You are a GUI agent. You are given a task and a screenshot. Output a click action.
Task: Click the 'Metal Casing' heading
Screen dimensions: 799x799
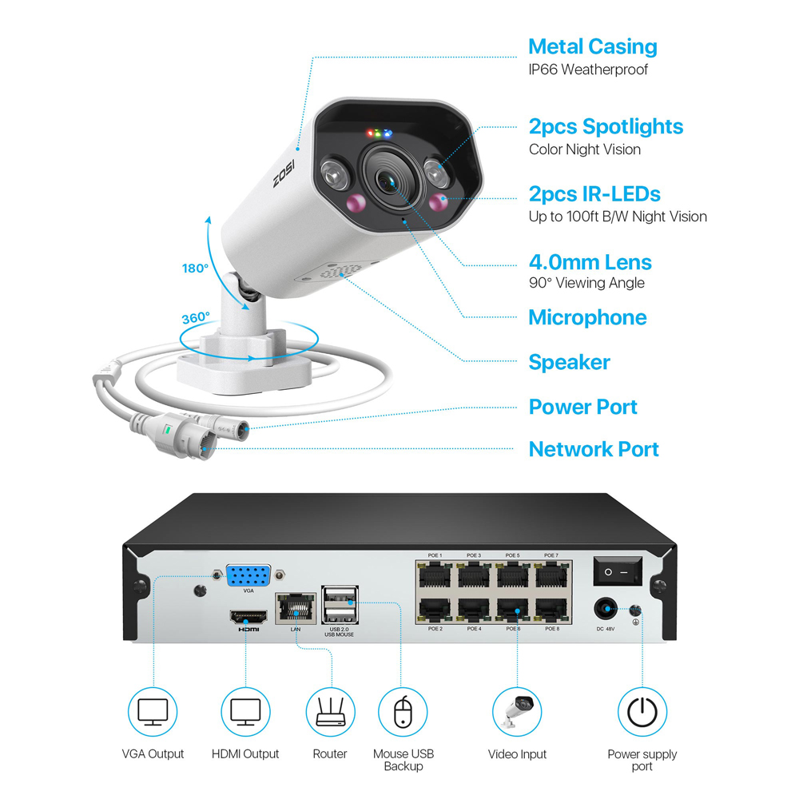coord(593,47)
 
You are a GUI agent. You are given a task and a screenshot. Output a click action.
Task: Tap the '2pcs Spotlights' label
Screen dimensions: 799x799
coord(606,127)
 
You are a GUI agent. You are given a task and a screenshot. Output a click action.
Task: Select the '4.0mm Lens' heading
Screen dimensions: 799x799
coord(590,262)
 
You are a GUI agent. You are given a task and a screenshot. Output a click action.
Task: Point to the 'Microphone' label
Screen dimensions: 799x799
coord(587,317)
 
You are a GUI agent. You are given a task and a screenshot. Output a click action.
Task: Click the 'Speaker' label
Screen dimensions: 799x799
coord(569,362)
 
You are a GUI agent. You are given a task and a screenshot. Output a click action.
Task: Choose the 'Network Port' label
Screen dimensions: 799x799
coord(594,449)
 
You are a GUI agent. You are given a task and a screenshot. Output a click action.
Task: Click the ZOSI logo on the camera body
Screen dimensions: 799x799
coord(284,173)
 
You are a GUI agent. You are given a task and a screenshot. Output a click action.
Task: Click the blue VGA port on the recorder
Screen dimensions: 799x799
coord(248,576)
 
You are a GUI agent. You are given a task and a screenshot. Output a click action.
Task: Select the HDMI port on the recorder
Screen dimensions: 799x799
coord(248,617)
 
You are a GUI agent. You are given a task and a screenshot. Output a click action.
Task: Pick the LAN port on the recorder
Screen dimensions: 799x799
coord(296,608)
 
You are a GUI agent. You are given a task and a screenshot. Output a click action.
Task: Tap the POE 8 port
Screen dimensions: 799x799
coord(551,610)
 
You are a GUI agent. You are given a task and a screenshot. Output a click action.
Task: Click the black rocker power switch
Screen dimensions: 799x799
coord(617,571)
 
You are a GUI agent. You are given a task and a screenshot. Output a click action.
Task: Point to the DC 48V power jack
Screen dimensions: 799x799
coord(606,609)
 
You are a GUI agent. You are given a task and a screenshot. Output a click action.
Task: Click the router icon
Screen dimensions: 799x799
coord(331,712)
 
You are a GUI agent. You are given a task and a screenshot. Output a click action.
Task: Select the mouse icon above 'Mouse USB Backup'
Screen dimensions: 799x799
coord(403,712)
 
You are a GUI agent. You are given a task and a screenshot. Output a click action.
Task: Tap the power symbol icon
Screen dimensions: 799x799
coord(642,712)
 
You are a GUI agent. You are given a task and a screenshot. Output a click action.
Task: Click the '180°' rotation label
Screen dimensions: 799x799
coord(195,268)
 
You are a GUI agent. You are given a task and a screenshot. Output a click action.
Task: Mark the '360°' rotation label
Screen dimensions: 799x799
coord(197,318)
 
